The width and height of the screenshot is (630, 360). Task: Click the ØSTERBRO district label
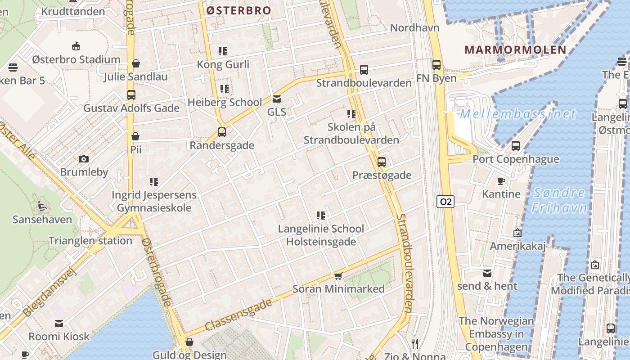tap(238, 10)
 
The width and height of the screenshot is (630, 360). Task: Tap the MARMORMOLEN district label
tap(515, 49)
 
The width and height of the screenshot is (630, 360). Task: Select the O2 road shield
tap(445, 202)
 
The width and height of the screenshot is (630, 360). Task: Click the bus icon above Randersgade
tap(221, 132)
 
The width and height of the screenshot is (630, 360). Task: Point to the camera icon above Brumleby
tap(83, 159)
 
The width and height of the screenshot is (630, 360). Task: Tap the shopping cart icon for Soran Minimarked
tap(338, 276)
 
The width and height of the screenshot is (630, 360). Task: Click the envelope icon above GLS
tap(276, 99)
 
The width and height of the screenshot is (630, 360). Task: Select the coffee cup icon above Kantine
tap(501, 181)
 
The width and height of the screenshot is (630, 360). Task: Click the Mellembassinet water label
tap(517, 114)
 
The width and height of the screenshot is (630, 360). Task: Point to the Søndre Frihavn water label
tap(559, 200)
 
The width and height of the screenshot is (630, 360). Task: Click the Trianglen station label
tap(90, 240)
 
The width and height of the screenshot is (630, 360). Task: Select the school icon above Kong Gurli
tap(223, 51)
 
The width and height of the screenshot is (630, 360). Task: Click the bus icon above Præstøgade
tap(382, 162)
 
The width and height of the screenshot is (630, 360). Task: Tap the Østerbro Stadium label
tap(76, 59)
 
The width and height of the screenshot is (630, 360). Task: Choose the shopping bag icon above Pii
tap(135, 136)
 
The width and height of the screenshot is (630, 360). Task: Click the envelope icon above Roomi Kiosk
tap(59, 323)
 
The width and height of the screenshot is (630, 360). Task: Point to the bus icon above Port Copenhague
tap(516, 146)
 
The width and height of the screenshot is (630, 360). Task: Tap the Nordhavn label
tap(414, 27)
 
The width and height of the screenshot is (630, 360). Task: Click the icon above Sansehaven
tap(42, 206)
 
